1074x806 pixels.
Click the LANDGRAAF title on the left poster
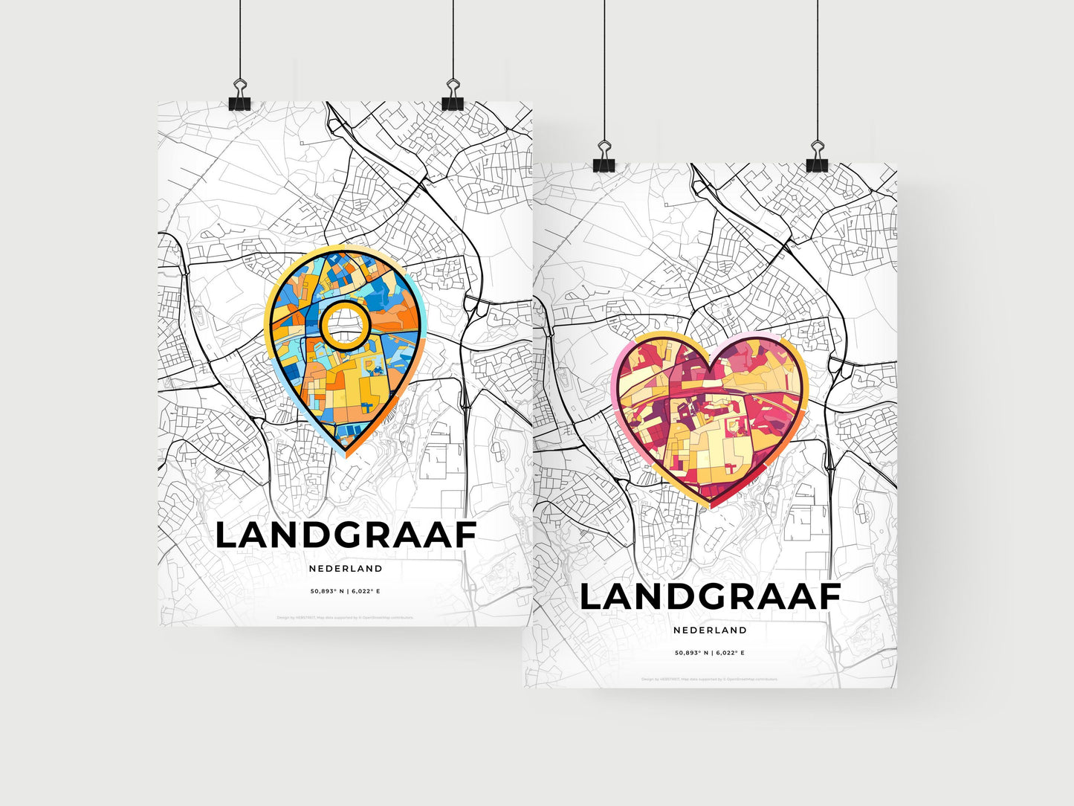point(346,535)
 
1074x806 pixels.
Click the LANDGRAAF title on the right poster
point(710,597)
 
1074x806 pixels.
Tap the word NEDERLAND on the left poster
point(346,569)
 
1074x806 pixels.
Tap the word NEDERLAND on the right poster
point(710,630)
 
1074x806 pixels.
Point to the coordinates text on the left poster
point(346,592)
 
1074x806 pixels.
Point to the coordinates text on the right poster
point(710,653)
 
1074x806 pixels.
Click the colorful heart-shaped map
point(710,416)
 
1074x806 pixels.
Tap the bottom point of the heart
point(710,506)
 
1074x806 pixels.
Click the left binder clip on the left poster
point(239,101)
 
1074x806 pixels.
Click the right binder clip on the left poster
point(453,101)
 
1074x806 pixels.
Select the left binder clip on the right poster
point(604,163)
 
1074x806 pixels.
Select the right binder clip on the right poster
point(818,163)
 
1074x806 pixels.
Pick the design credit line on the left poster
point(346,617)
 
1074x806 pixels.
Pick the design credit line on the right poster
point(710,679)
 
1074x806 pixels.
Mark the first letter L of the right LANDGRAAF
point(592,597)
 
